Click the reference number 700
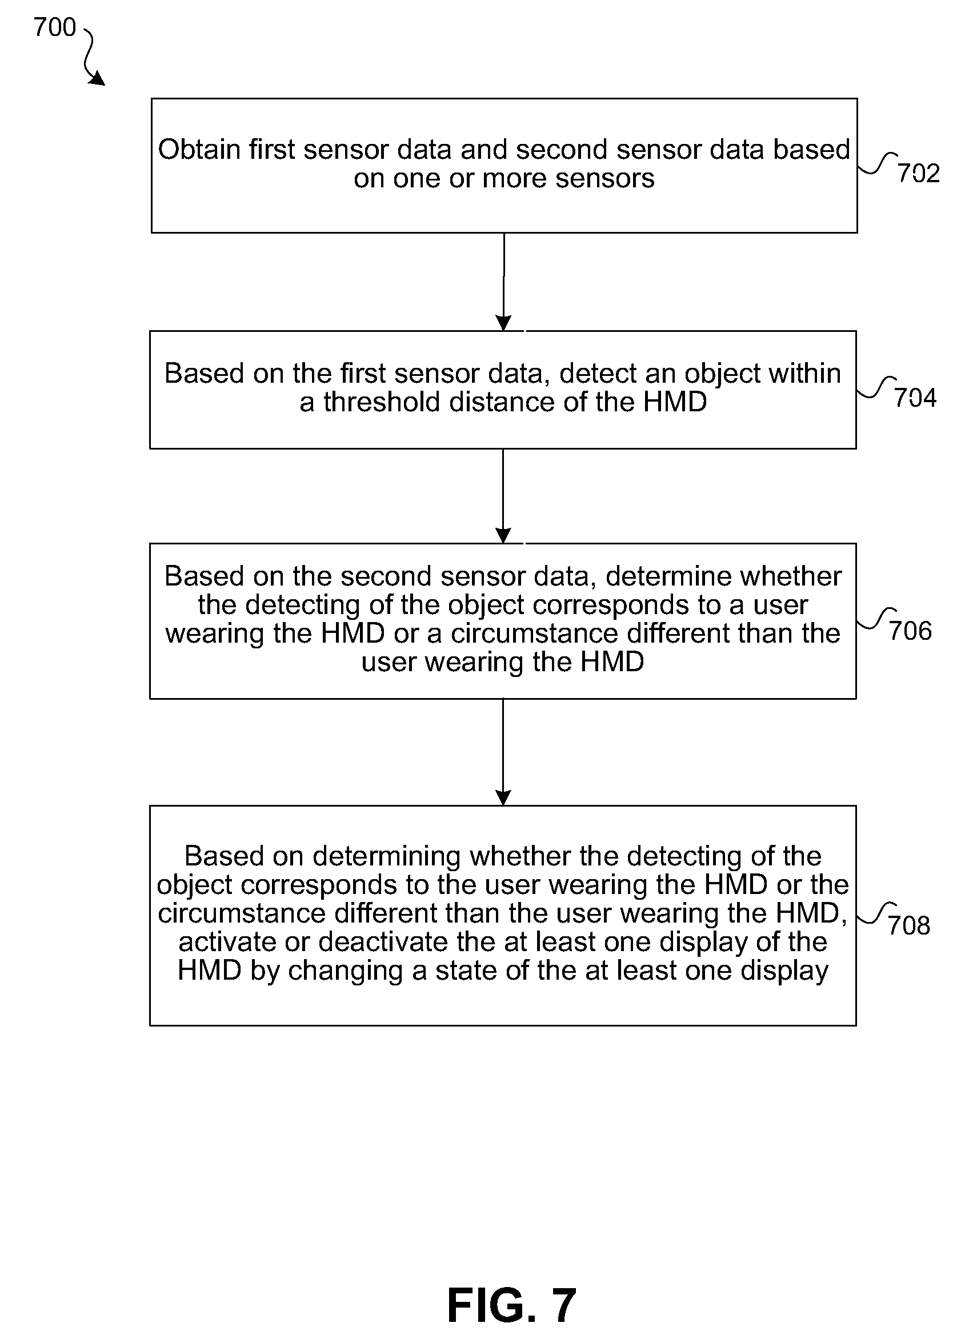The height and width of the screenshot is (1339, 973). coord(55,27)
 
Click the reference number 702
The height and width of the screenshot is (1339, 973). coord(919,173)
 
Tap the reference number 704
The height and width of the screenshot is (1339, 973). coord(915,398)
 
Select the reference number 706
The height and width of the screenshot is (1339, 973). coord(910,631)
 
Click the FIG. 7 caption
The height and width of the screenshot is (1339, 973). coord(511,1305)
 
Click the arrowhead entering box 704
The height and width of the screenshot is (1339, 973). coord(503,323)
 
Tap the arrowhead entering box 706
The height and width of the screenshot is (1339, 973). coord(503,535)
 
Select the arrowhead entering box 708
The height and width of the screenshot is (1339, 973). coord(503,797)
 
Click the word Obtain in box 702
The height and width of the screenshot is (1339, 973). coord(199,149)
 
